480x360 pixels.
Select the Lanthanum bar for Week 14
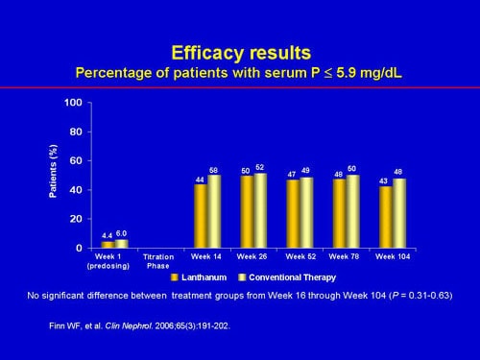[x=201, y=216]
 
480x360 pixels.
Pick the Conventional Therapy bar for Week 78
[x=352, y=212]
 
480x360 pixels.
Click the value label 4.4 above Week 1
[x=108, y=233]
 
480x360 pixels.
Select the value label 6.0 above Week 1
[x=122, y=232]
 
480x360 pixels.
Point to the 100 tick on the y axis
[x=72, y=103]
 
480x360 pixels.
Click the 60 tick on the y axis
[x=75, y=161]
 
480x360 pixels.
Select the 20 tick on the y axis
[x=75, y=219]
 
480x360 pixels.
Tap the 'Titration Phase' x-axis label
[x=157, y=261]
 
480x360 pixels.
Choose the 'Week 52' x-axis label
[x=300, y=257]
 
